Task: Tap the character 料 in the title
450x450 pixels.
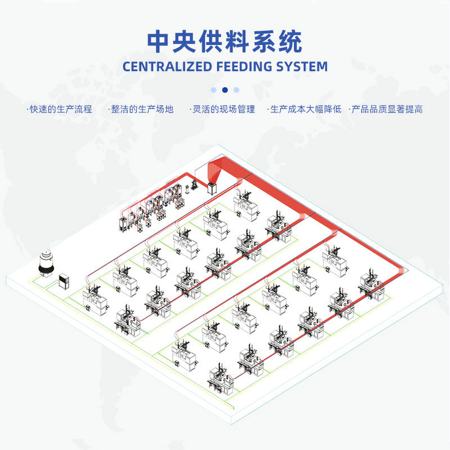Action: pos(225,40)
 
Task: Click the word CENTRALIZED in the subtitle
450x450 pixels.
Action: pos(167,66)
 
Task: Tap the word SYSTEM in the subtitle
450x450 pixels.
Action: pos(302,66)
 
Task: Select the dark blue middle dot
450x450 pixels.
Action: pos(225,89)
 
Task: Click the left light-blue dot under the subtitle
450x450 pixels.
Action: pos(214,89)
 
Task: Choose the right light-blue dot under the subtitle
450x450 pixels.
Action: pos(236,89)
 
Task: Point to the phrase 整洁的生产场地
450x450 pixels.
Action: pos(142,109)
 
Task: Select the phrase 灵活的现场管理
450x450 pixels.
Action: pos(223,109)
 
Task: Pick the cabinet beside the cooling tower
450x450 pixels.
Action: pos(64,280)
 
